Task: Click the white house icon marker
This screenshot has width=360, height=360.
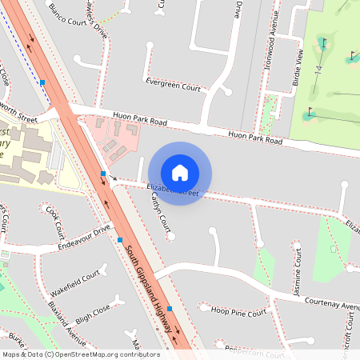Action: (x=180, y=173)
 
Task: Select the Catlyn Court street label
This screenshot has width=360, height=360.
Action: (x=159, y=215)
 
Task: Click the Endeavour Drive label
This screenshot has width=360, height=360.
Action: (x=84, y=238)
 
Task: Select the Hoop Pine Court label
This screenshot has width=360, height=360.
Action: (x=238, y=312)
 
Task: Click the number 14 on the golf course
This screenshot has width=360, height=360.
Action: (x=318, y=69)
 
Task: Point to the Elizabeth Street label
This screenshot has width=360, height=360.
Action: (x=173, y=190)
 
